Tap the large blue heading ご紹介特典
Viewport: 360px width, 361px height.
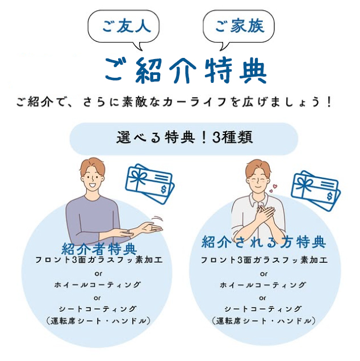[186, 70]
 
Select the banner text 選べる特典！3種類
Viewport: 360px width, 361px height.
[185, 137]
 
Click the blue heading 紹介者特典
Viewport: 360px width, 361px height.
[99, 249]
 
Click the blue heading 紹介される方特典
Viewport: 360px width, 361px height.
[263, 242]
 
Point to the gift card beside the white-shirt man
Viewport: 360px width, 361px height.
[316, 191]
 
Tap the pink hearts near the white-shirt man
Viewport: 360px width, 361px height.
[273, 188]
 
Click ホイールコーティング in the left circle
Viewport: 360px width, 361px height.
[98, 285]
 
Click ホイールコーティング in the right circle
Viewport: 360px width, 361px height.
[263, 285]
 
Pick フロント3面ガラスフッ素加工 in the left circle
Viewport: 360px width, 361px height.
[99, 260]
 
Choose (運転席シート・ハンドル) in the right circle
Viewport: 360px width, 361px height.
[263, 321]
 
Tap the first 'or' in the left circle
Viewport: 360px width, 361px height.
[98, 274]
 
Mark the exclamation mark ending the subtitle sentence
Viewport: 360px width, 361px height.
[329, 102]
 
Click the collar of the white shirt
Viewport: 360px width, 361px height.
[259, 200]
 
